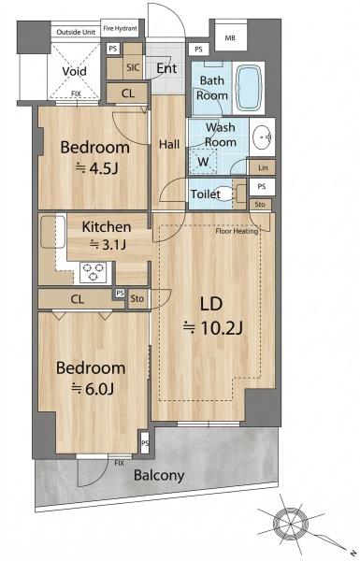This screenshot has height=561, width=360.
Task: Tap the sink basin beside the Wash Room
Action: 262,137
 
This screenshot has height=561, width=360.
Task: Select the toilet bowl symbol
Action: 227,194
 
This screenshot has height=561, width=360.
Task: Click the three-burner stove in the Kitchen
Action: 94,272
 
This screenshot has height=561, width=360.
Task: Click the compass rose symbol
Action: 291,523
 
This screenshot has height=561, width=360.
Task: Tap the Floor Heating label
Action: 237,231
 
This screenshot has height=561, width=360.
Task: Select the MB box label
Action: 230,37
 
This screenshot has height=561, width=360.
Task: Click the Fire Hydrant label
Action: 120,28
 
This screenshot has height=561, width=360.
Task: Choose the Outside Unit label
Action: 76,32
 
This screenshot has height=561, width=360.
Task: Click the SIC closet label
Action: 133,67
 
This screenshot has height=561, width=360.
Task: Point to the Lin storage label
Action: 263,167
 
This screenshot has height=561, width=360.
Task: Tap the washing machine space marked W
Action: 203,162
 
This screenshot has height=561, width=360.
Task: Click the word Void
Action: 75,71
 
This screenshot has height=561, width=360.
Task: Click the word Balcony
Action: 159,476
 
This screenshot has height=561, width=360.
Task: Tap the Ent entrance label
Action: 166,68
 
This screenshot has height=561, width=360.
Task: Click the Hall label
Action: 169,145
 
